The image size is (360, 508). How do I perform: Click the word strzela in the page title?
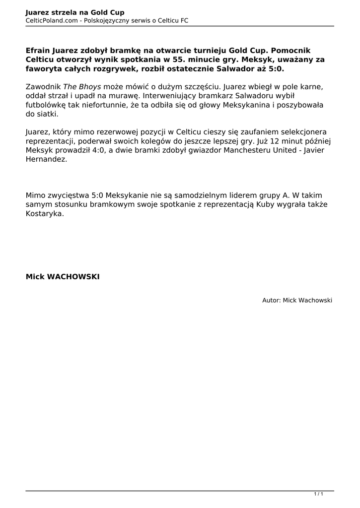[x=61, y=12]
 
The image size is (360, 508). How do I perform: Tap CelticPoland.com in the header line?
[x=50, y=20]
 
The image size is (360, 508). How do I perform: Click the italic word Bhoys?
[x=90, y=86]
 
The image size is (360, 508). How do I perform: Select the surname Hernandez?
[x=46, y=160]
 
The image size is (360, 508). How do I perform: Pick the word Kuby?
[x=266, y=205]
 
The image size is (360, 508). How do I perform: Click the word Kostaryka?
[x=45, y=214]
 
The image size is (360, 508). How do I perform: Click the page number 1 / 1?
[x=318, y=494]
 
